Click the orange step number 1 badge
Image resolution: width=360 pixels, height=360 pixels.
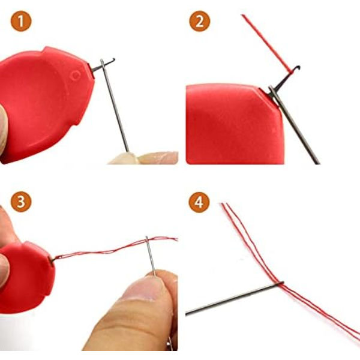click(x=21, y=21)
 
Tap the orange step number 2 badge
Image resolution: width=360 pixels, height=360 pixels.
click(x=200, y=21)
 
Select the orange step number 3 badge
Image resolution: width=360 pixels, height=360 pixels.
click(x=21, y=202)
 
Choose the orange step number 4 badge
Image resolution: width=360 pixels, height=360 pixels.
click(x=199, y=202)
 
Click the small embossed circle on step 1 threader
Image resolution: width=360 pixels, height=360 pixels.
click(x=76, y=75)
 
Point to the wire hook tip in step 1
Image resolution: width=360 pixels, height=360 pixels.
click(x=113, y=59)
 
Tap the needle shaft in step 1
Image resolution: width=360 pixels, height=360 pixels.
click(x=115, y=105)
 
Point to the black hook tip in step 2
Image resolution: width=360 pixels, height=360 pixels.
click(x=298, y=67)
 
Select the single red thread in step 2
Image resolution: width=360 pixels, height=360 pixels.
click(x=268, y=43)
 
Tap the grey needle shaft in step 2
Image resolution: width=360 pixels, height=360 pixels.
click(x=295, y=125)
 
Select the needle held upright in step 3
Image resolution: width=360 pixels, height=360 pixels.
click(x=151, y=256)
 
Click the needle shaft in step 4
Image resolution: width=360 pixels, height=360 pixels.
click(x=235, y=298)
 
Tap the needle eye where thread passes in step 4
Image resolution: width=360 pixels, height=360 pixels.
click(x=280, y=283)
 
